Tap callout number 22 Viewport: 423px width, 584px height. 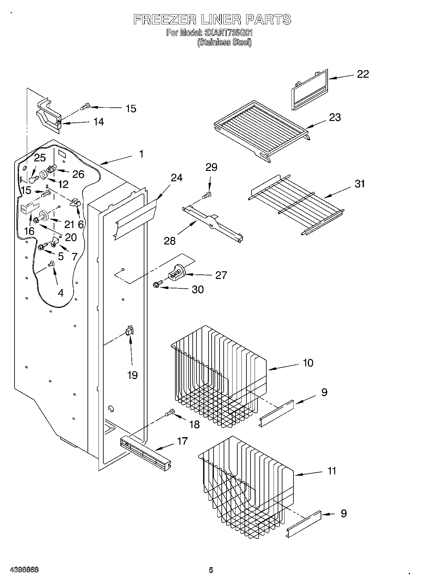363,74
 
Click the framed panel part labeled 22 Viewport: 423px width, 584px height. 309,90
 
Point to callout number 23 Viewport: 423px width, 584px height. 335,117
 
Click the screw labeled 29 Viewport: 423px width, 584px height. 208,195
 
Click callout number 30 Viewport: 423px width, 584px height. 198,289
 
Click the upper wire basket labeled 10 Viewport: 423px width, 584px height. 218,376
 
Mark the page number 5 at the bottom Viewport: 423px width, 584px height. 211,570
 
